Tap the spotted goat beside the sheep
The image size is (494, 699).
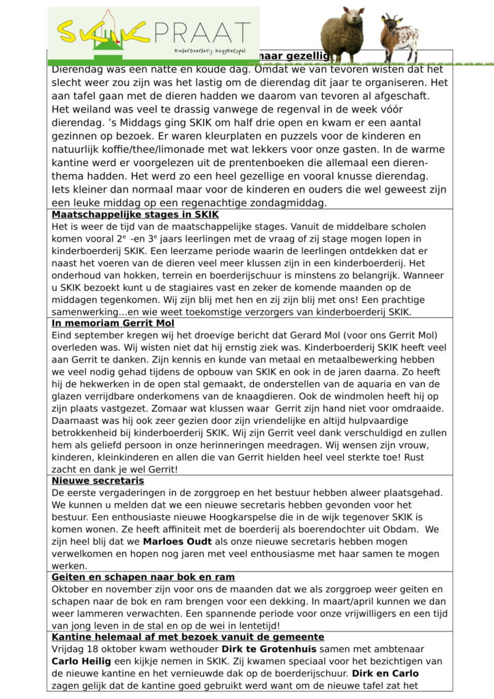coord(400,38)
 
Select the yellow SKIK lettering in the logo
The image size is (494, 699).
coord(102,30)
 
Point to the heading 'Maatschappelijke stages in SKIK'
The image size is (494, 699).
coord(130,214)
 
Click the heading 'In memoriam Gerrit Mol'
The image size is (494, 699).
coord(113,323)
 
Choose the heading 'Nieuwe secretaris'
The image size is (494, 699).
coord(98,481)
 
